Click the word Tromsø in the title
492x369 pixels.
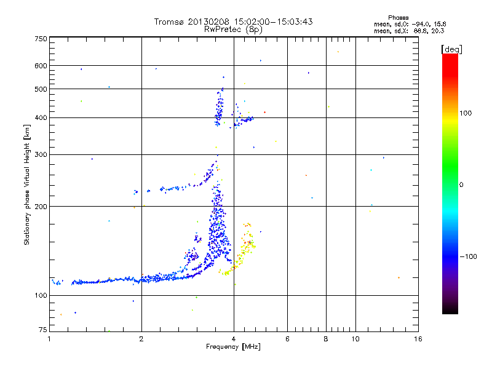[x=169, y=22]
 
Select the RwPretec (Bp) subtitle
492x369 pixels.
[x=234, y=29]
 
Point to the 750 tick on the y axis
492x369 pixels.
[x=41, y=39]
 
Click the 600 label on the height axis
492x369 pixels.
[x=41, y=66]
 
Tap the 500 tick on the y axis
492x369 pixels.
[x=41, y=89]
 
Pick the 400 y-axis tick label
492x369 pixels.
[x=41, y=117]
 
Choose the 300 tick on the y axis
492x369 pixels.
[x=41, y=154]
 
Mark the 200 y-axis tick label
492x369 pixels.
[x=41, y=206]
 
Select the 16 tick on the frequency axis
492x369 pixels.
[x=418, y=339]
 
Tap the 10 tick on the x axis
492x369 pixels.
[x=355, y=339]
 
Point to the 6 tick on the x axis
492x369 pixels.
[x=287, y=339]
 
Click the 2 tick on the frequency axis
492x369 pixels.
[x=141, y=339]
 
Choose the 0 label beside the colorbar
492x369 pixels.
[x=461, y=184]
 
